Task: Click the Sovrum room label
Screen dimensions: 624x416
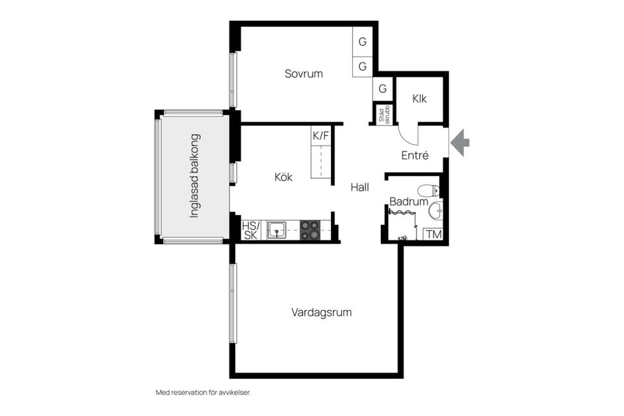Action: [304, 73]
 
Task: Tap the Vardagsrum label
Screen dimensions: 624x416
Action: [321, 312]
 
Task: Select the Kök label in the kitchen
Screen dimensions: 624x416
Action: [283, 177]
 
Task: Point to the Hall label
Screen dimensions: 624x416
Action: [359, 187]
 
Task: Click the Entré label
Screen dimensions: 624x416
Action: [415, 155]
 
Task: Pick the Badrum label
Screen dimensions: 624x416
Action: [409, 201]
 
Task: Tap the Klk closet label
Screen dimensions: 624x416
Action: [419, 98]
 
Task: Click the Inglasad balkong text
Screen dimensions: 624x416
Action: [194, 175]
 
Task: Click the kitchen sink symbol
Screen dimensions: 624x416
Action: [276, 231]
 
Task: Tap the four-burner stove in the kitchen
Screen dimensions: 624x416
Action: [309, 231]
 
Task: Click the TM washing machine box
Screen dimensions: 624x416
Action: [433, 234]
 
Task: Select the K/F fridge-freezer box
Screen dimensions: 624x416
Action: [320, 136]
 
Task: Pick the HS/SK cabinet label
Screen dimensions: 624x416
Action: [251, 230]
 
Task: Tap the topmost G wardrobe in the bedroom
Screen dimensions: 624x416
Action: [362, 42]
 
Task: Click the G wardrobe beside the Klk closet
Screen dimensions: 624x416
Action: [382, 88]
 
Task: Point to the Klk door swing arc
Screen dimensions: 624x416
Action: [405, 137]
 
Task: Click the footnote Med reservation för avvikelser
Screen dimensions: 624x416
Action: [203, 393]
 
